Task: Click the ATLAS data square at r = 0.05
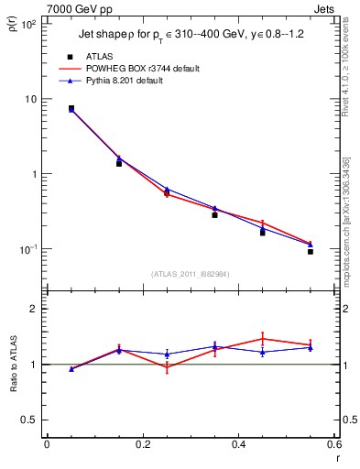click(x=71, y=108)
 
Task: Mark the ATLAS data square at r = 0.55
click(x=311, y=251)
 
